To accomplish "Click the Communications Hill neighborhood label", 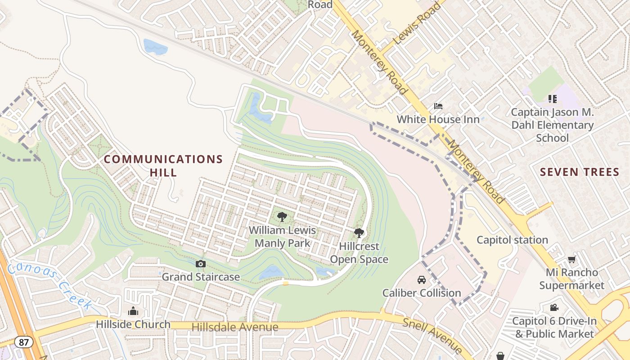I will (163, 166).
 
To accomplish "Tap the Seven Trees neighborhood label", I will (580, 172).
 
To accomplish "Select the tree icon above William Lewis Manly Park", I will (282, 217).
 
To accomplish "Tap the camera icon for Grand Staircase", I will (201, 264).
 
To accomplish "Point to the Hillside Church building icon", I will (133, 311).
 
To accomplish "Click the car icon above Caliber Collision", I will (422, 280).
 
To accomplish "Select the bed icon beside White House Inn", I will (438, 106).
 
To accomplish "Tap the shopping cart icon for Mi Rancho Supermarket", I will (571, 259).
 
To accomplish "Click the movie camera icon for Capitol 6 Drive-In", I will (554, 308).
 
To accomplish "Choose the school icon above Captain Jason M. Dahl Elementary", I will (552, 99).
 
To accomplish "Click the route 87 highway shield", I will (23, 342).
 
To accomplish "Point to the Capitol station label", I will (512, 240).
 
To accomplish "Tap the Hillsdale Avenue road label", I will (235, 327).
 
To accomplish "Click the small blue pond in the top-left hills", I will (155, 46).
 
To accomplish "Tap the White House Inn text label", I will (438, 120).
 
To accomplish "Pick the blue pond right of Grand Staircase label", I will (271, 272).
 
